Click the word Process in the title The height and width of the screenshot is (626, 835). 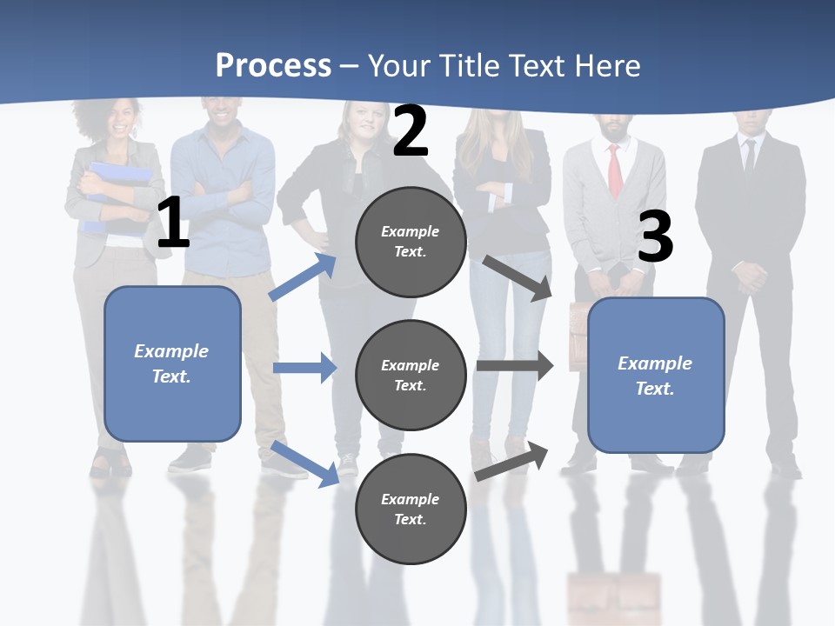point(273,65)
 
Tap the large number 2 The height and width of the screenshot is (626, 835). point(411,131)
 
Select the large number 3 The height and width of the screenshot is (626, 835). point(655,236)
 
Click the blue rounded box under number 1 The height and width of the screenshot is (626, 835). point(172,363)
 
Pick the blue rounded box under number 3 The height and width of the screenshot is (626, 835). point(656,376)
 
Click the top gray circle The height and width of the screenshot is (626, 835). point(411,242)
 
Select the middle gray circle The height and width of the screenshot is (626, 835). point(411,375)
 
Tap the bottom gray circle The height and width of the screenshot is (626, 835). point(411,509)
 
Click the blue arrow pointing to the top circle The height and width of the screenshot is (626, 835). point(303,277)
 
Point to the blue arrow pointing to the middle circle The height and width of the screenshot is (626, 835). point(304,368)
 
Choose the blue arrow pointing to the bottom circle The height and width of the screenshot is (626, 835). point(305,463)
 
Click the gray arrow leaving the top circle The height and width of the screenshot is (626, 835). point(518,278)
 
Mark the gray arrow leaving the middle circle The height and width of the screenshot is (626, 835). point(515,366)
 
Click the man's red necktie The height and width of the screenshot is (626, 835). point(615,170)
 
